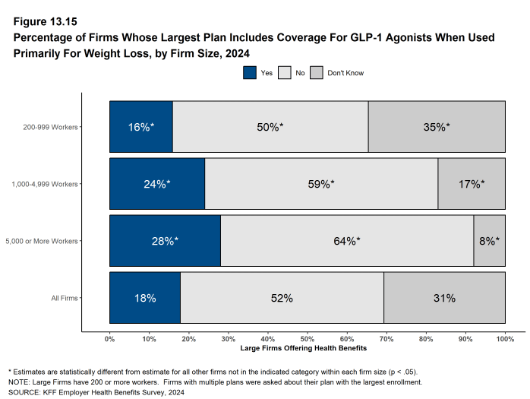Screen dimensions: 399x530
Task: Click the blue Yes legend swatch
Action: click(x=250, y=72)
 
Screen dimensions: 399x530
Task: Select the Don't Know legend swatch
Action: click(x=316, y=72)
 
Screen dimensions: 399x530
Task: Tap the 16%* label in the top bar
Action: click(x=140, y=127)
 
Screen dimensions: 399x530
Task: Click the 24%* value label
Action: click(x=157, y=184)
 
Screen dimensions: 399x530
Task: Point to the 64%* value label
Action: click(x=347, y=241)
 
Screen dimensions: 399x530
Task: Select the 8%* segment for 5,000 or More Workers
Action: click(x=489, y=241)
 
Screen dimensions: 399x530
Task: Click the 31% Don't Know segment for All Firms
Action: click(x=444, y=298)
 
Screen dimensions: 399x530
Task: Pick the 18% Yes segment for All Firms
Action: click(x=144, y=298)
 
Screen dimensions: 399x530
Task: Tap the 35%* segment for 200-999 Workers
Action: click(x=437, y=127)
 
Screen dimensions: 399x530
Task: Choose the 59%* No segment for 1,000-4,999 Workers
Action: click(x=321, y=184)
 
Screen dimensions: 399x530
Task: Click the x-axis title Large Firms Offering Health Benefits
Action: click(x=307, y=348)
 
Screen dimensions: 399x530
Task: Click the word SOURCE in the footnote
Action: click(x=24, y=393)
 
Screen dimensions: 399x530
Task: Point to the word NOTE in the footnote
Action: click(x=19, y=382)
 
